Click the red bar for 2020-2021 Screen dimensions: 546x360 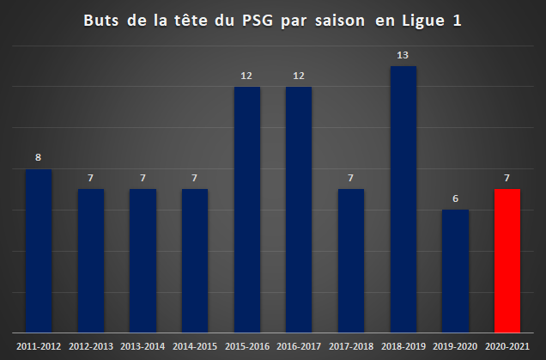point(507,260)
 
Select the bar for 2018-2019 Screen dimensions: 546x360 point(403,199)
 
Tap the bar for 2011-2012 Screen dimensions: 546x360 point(39,251)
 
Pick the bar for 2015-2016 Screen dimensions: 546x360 point(247,210)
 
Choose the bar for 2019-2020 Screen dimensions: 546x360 point(455,272)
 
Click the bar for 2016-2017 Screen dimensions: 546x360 point(299,210)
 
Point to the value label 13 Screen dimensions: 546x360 point(403,55)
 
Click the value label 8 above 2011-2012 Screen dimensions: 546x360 point(39,157)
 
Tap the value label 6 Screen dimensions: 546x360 point(455,198)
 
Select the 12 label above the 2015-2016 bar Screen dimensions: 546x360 point(246,76)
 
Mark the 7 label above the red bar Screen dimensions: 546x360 point(507,178)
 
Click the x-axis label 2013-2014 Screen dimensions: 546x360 point(143,346)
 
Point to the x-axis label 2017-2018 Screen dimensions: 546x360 point(351,346)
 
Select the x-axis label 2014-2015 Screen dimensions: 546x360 point(195,346)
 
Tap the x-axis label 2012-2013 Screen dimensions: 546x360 point(91,346)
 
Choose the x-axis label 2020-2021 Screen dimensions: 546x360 point(507,346)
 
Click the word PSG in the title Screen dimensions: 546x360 point(258,21)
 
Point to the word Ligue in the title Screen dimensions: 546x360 point(423,21)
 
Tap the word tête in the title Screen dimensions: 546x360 point(191,20)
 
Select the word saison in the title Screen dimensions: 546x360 point(340,21)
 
